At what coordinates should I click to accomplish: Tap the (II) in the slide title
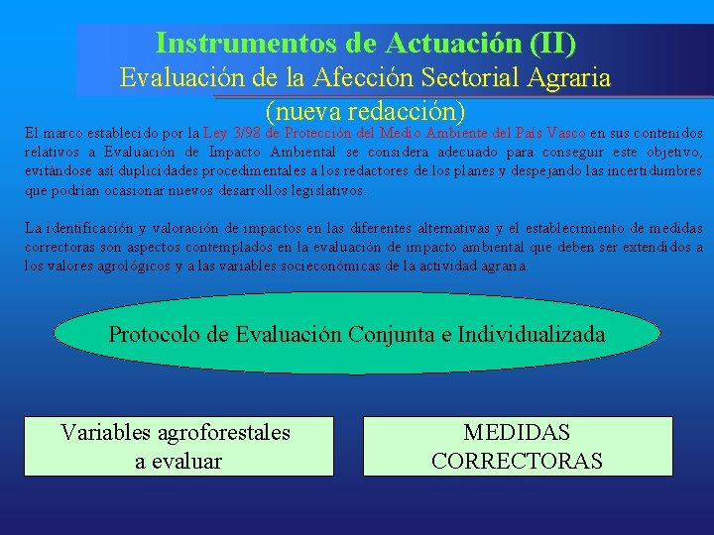552,44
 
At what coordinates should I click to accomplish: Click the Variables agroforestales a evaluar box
178,446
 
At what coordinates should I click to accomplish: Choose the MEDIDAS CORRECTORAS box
517,446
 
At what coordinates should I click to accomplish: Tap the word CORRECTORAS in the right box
517,461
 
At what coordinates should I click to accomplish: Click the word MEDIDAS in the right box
517,432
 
